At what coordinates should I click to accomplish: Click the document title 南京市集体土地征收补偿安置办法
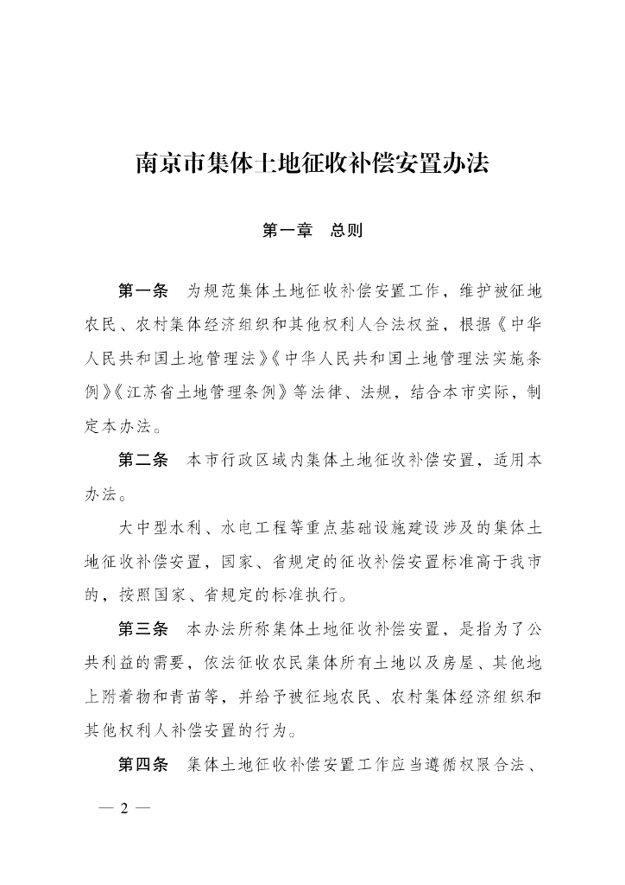point(312,162)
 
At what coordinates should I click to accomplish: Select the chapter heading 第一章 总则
point(312,231)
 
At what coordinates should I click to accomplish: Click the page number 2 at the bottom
point(125,809)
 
